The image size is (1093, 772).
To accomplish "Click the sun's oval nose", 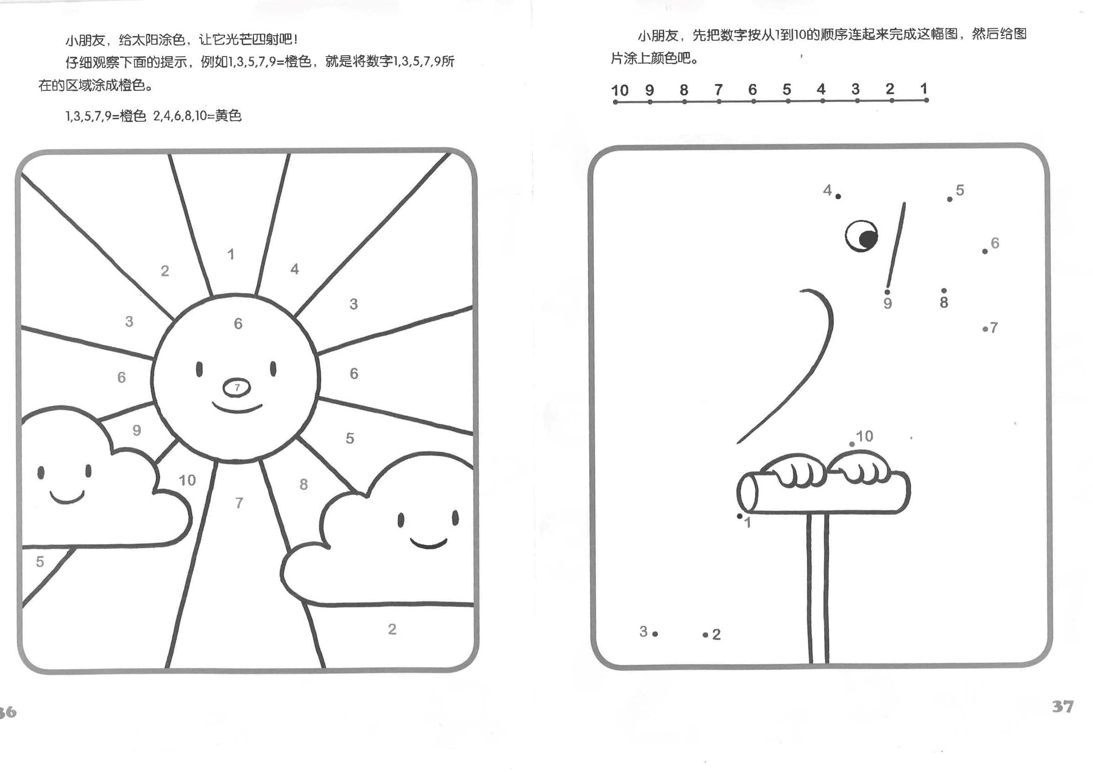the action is (x=237, y=387).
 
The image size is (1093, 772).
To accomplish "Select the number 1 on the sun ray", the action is (x=231, y=255).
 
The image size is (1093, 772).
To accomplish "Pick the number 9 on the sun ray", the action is (x=137, y=430).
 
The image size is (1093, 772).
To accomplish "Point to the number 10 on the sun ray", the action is (x=187, y=480).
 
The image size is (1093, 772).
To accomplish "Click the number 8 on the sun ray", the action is (x=304, y=485).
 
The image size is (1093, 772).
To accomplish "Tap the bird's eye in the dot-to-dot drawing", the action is (x=861, y=236).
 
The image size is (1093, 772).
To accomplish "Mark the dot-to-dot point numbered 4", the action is (x=838, y=197).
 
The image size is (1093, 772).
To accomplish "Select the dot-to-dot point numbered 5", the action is (x=950, y=199).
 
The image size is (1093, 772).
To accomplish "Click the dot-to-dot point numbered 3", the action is (x=655, y=634).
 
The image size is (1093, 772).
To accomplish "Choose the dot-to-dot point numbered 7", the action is (x=985, y=329).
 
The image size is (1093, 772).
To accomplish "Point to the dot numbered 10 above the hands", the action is (x=852, y=444).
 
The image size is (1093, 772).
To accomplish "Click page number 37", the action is (x=1062, y=706).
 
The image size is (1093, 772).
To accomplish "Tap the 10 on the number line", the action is (x=620, y=90).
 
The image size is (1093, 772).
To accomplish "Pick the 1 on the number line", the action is (x=924, y=89).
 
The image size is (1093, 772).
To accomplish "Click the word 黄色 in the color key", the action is (x=228, y=115).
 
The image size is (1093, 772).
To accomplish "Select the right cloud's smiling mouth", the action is (x=428, y=543).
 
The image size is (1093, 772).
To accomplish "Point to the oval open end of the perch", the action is (x=747, y=492).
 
